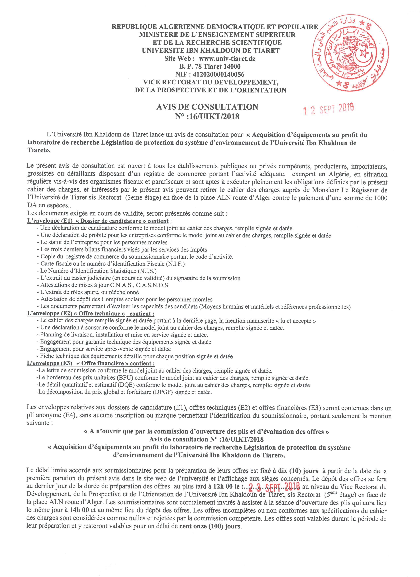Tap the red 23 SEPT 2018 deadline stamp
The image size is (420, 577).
[x=274, y=488]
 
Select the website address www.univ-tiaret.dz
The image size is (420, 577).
[x=227, y=59]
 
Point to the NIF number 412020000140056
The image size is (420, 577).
[x=219, y=75]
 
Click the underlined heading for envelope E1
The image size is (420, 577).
[x=98, y=221]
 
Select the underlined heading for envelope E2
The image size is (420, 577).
[x=90, y=314]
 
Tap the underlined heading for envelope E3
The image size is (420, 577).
[x=90, y=363]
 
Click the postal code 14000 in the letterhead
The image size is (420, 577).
[x=232, y=67]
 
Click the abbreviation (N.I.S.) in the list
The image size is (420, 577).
[x=147, y=271]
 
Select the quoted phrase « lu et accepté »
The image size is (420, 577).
[x=295, y=321]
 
